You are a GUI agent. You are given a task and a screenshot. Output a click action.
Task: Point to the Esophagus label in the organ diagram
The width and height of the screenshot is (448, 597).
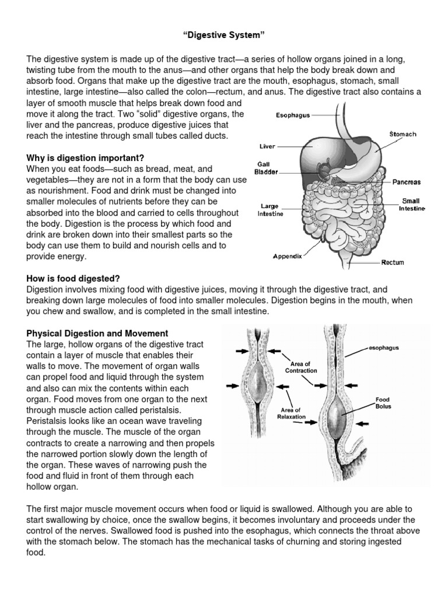point(293,115)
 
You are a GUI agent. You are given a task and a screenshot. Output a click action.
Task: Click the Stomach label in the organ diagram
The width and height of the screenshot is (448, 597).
point(402,134)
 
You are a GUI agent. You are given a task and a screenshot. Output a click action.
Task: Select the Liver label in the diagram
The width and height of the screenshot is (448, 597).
point(268,148)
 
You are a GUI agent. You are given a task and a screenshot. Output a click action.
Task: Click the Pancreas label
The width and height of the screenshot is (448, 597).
point(407,182)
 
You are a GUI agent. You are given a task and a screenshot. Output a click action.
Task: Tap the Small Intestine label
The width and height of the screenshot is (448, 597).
point(412,205)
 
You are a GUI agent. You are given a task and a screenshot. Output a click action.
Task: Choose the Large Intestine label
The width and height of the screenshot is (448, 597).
point(271,210)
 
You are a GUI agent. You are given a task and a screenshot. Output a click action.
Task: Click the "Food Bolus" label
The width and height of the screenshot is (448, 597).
point(383,403)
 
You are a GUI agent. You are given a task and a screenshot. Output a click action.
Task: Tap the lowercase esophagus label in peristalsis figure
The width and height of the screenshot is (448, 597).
point(384,348)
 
